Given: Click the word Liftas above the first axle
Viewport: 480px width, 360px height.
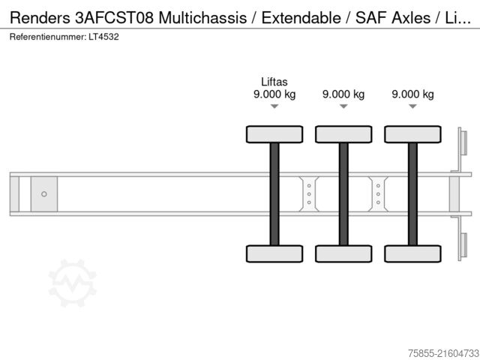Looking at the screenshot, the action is coord(274,82).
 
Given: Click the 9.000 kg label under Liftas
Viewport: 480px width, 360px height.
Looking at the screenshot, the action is coord(274,94).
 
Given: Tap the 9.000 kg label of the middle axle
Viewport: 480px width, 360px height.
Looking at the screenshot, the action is coord(343,94).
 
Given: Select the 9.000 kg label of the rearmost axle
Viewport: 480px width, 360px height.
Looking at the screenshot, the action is coord(412,94).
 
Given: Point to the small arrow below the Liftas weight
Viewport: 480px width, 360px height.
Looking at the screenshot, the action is coord(274,106).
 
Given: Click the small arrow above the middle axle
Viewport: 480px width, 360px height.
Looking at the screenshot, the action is coord(343,106).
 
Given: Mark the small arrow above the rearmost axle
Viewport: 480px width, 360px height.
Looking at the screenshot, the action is coord(412,106).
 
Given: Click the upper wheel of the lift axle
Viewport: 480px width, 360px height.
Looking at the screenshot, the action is coord(274,134).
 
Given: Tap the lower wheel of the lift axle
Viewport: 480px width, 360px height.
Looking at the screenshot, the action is coord(274,253).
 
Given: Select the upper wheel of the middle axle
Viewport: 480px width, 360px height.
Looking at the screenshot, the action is coord(343,134).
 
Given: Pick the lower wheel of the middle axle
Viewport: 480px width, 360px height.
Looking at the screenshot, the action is coord(343,253).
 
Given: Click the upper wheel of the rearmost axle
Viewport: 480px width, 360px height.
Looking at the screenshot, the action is coord(412,134).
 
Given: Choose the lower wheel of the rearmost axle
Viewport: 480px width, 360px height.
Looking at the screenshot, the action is coord(412,253).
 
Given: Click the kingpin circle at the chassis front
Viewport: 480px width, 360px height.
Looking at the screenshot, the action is coord(43,194).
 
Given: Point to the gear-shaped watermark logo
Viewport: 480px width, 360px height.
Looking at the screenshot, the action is coord(73,283).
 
